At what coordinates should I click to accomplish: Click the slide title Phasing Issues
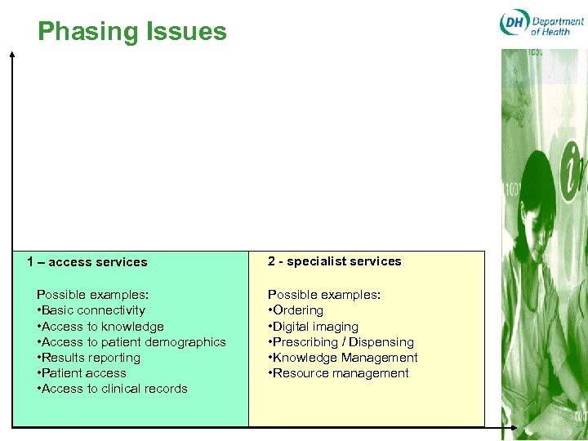pos(131,32)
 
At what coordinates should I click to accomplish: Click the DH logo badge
pos(514,24)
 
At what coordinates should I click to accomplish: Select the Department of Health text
pos(557,25)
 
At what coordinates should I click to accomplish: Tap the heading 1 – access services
pos(87,262)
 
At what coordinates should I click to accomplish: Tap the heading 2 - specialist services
pos(335,261)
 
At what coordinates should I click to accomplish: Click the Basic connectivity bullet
pos(91,310)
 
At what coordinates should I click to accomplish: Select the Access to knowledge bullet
pos(100,326)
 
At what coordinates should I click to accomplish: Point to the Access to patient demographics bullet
pos(131,342)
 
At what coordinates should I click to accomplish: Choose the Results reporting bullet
pos(89,358)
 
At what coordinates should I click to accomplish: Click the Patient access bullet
pos(82,373)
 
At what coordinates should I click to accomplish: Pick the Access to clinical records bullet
pos(113,389)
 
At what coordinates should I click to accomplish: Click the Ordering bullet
pos(296,310)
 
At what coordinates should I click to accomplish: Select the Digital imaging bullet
pos(314,326)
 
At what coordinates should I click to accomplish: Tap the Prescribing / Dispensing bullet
pos(341,342)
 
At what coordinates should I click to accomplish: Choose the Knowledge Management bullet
pos(343,358)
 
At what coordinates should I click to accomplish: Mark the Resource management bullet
pos(339,373)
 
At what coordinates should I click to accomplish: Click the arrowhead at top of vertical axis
pos(12,54)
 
